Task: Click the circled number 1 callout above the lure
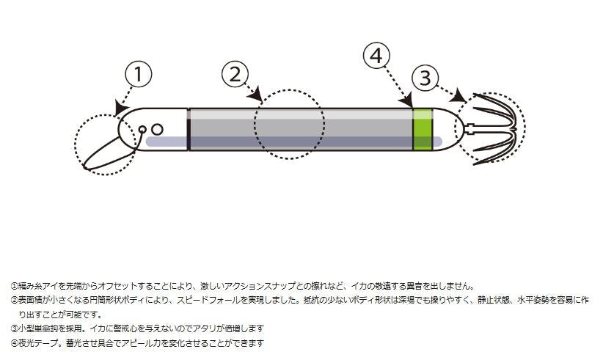click(x=139, y=75)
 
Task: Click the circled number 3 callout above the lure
click(x=425, y=78)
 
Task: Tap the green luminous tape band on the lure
click(x=422, y=129)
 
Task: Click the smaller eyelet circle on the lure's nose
click(x=143, y=130)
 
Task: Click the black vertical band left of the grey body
click(x=189, y=129)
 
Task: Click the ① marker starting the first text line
click(x=14, y=286)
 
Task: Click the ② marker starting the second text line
click(x=14, y=300)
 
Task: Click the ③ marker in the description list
click(x=14, y=328)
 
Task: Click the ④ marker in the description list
click(x=14, y=342)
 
